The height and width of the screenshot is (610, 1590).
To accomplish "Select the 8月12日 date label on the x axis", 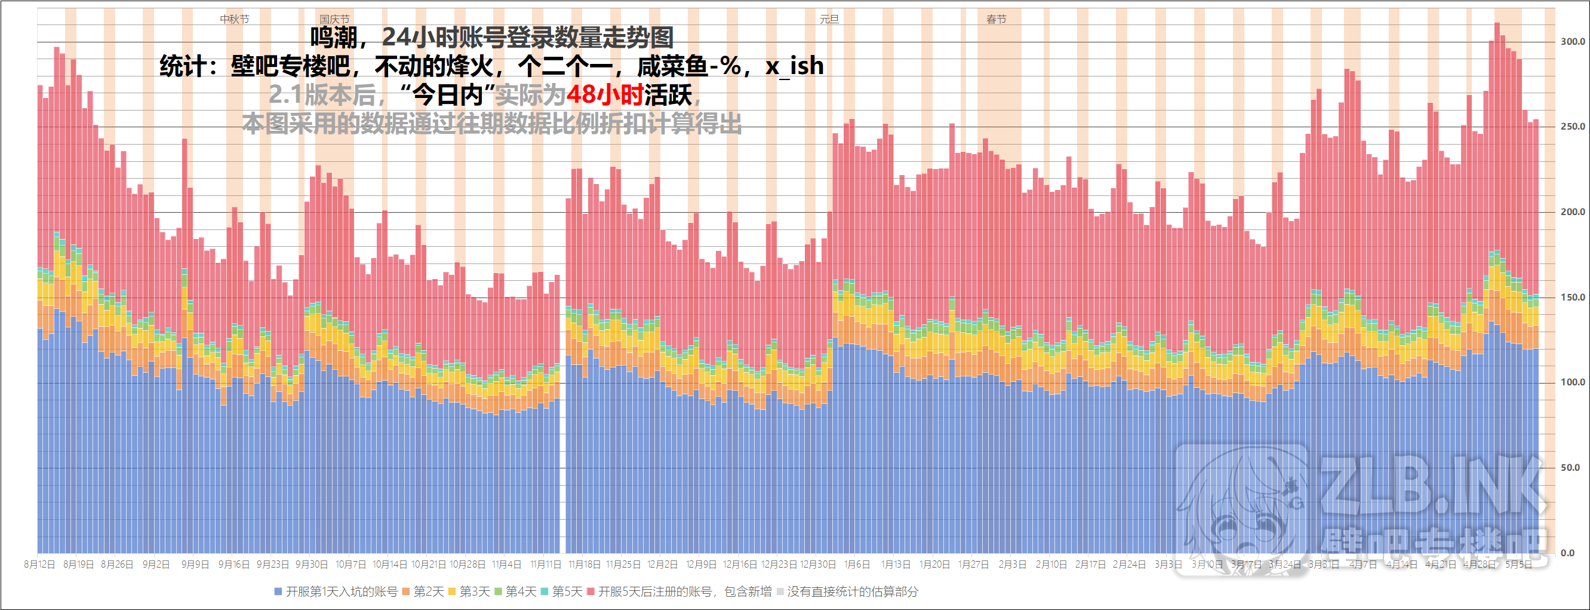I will pyautogui.click(x=39, y=565).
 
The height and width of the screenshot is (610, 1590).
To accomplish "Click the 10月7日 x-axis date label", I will pyautogui.click(x=350, y=565).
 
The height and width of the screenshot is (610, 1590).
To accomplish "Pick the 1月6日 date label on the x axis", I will pyautogui.click(x=857, y=565).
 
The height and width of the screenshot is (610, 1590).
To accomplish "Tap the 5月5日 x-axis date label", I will pyautogui.click(x=1518, y=565).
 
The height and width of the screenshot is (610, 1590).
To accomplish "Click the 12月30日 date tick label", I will pyautogui.click(x=818, y=565).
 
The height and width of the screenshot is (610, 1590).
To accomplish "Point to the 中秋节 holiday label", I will pyautogui.click(x=235, y=19).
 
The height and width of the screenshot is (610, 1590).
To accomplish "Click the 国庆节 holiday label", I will pyautogui.click(x=334, y=19).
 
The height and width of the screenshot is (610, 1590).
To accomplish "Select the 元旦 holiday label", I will pyautogui.click(x=829, y=19).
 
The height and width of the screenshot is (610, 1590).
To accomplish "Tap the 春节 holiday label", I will pyautogui.click(x=997, y=19).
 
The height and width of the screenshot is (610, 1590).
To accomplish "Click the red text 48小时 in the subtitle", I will pyautogui.click(x=605, y=95).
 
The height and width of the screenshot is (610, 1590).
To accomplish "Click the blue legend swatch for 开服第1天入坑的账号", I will pyautogui.click(x=278, y=592).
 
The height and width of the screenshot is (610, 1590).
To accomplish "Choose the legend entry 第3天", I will pyautogui.click(x=474, y=592).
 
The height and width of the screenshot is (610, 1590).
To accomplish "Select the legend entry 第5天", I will pyautogui.click(x=567, y=592).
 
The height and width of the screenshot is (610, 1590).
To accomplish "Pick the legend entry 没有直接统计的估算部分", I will pyautogui.click(x=852, y=592).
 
